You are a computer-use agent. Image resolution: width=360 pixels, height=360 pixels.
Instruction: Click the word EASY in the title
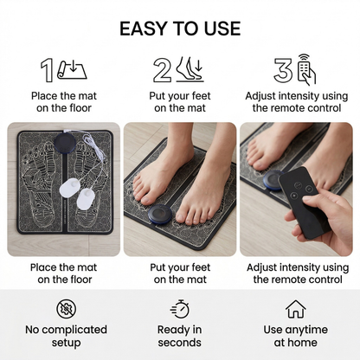tap(144, 29)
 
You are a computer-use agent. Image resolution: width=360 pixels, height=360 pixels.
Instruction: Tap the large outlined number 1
tap(47, 70)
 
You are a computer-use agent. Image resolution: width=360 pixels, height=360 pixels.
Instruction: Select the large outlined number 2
tap(162, 70)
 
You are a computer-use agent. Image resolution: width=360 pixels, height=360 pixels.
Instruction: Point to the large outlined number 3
tap(283, 70)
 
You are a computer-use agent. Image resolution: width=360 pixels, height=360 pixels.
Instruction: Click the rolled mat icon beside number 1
tap(72, 70)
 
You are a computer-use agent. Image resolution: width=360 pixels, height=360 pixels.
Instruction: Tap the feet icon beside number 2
tap(190, 69)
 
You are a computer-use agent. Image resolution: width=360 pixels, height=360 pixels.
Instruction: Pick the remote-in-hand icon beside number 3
tap(307, 69)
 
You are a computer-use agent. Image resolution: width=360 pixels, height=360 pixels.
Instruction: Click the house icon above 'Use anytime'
tap(296, 309)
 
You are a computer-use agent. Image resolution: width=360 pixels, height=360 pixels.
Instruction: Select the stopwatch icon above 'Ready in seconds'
tap(180, 309)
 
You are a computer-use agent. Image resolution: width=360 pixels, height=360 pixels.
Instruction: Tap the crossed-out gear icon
tap(67, 309)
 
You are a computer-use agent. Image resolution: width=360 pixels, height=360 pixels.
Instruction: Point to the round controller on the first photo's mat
tap(65, 141)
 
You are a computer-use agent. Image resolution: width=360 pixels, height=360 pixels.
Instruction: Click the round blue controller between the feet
tap(160, 214)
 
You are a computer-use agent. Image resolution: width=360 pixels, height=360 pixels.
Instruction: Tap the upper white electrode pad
tap(69, 188)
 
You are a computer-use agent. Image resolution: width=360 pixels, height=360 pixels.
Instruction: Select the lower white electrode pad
tap(86, 199)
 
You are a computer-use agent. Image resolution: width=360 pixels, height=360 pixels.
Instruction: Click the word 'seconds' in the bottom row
tap(179, 343)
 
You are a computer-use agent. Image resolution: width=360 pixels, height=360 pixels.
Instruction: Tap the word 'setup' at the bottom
tap(66, 344)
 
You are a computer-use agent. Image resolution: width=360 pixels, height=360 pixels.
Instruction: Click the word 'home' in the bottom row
tap(303, 343)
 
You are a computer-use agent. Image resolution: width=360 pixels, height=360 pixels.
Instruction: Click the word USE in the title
tap(222, 29)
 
